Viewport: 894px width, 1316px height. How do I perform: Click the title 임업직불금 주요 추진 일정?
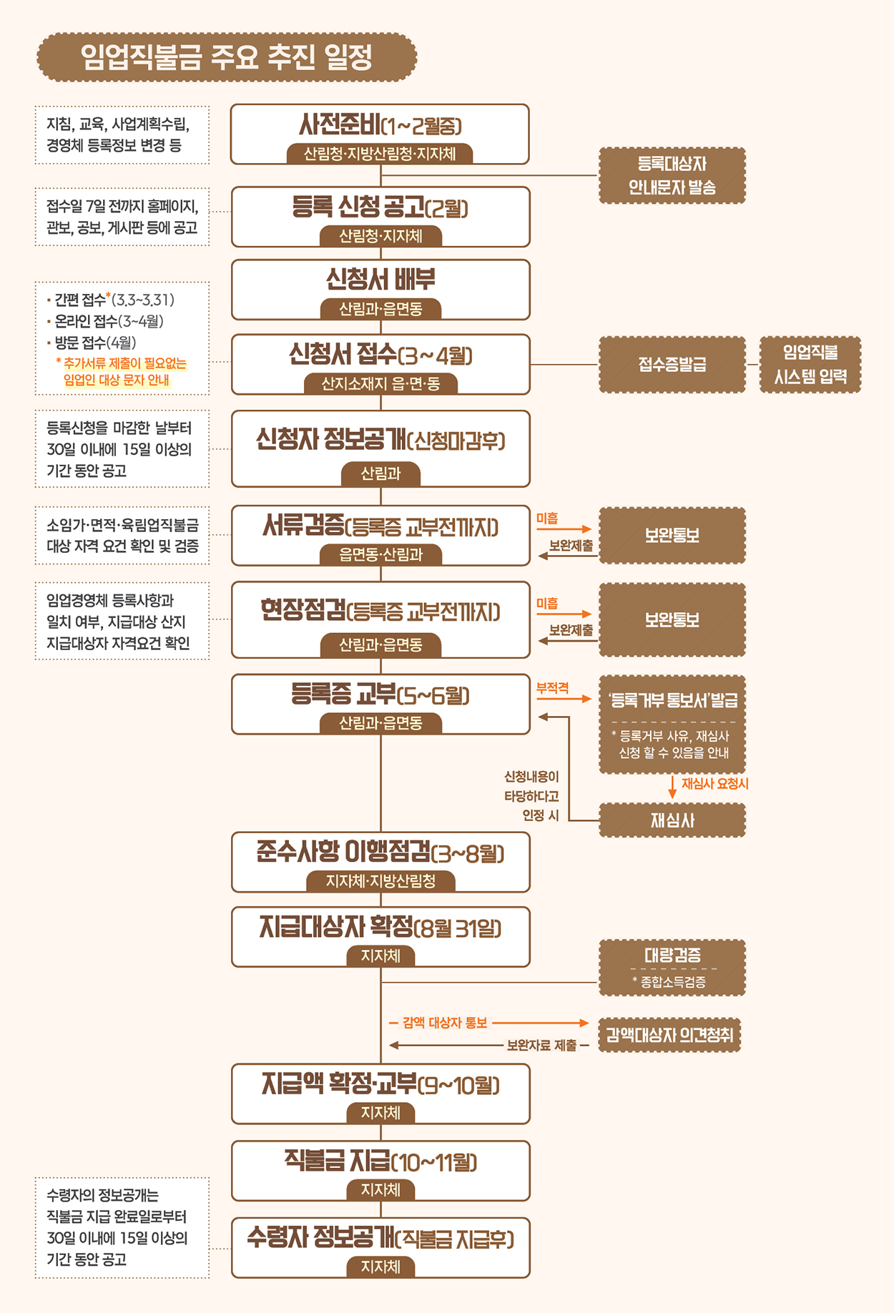(x=227, y=57)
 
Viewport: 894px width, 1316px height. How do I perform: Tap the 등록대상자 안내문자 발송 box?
(x=672, y=176)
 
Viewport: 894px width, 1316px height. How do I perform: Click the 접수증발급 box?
(x=672, y=365)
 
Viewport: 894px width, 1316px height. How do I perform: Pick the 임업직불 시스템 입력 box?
(x=810, y=365)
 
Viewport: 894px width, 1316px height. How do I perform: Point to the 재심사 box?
(x=672, y=820)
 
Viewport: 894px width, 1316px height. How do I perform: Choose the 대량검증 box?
(x=672, y=967)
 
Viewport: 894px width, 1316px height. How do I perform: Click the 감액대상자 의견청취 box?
(x=669, y=1035)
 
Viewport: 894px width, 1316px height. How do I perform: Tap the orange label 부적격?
(x=553, y=688)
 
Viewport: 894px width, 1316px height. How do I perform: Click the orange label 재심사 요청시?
(x=714, y=784)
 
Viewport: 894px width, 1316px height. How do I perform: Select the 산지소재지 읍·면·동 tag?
(x=380, y=384)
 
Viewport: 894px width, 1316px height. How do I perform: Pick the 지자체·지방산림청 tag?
(x=380, y=881)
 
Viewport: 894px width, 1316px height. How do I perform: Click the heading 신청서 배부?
(x=380, y=280)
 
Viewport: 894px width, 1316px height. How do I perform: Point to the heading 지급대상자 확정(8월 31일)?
(x=380, y=928)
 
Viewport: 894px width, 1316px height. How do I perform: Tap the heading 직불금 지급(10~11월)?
(x=380, y=1162)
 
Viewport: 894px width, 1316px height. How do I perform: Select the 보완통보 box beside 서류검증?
(x=672, y=536)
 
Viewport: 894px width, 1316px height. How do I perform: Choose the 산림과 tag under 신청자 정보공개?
(x=380, y=473)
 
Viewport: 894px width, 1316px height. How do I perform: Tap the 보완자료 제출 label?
(x=541, y=1046)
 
